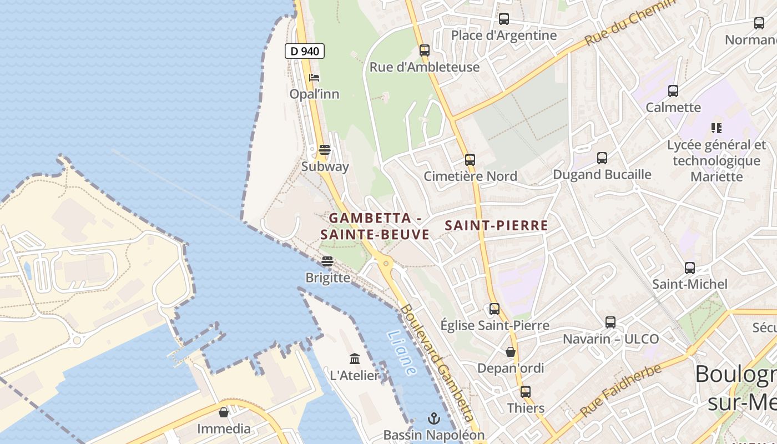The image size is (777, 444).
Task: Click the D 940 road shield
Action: point(304,51)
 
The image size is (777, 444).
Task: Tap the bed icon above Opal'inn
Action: point(314,78)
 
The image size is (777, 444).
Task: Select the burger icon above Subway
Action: point(325,150)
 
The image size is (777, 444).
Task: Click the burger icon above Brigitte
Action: point(327,261)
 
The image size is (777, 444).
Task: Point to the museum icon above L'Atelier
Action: point(355,359)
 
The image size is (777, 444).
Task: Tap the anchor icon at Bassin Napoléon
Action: point(433,418)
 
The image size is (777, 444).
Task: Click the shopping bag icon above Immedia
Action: point(224,412)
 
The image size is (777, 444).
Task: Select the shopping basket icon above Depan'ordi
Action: point(510,352)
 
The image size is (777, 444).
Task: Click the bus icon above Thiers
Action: point(525,391)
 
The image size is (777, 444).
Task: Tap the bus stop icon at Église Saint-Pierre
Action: point(494,309)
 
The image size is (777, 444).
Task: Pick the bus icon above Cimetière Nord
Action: point(470,160)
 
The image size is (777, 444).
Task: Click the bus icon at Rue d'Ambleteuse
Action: point(425,51)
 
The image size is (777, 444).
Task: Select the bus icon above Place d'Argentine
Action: point(503,19)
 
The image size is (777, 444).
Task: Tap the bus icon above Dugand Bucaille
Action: point(602,158)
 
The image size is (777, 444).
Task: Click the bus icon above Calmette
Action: point(673,91)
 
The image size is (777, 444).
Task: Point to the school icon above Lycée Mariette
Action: point(716,128)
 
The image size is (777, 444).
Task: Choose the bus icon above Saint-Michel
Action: point(689,268)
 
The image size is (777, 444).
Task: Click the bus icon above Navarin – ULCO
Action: point(610,322)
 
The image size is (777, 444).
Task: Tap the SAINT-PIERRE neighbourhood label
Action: point(496,226)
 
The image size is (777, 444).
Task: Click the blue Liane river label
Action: point(401,352)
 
